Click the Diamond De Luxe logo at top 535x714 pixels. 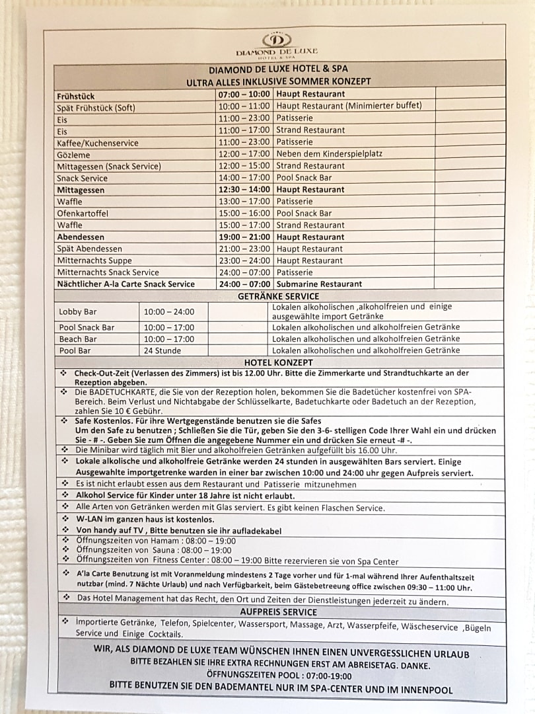click(x=277, y=44)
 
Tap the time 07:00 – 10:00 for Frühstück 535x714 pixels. click(x=244, y=95)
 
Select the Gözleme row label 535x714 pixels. click(x=73, y=154)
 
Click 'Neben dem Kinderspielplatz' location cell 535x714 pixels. click(x=329, y=153)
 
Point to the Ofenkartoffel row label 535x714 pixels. click(x=83, y=214)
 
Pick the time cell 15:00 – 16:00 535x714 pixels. click(x=244, y=213)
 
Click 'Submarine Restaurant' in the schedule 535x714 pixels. click(x=319, y=284)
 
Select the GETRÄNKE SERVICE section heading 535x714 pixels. click(x=278, y=296)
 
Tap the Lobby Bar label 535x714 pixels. click(x=77, y=311)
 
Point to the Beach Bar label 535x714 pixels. click(x=78, y=338)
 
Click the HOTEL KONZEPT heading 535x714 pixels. click(x=278, y=362)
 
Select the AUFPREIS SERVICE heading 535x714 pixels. click(x=278, y=612)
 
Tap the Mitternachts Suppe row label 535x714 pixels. click(x=94, y=260)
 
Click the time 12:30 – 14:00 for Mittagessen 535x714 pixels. click(x=244, y=189)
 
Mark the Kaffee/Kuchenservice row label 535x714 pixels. click(x=98, y=142)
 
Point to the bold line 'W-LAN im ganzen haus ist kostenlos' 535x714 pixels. click(x=145, y=519)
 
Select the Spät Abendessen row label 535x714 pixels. click(x=89, y=249)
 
